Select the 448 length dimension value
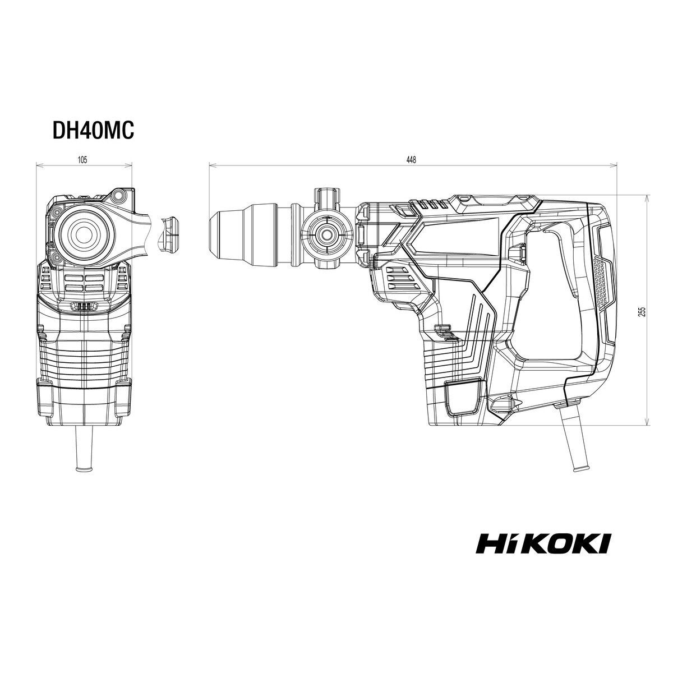(x=412, y=160)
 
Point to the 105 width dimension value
(x=82, y=160)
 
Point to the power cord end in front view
(x=85, y=468)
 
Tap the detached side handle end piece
(x=167, y=234)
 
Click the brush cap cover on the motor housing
(x=462, y=398)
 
